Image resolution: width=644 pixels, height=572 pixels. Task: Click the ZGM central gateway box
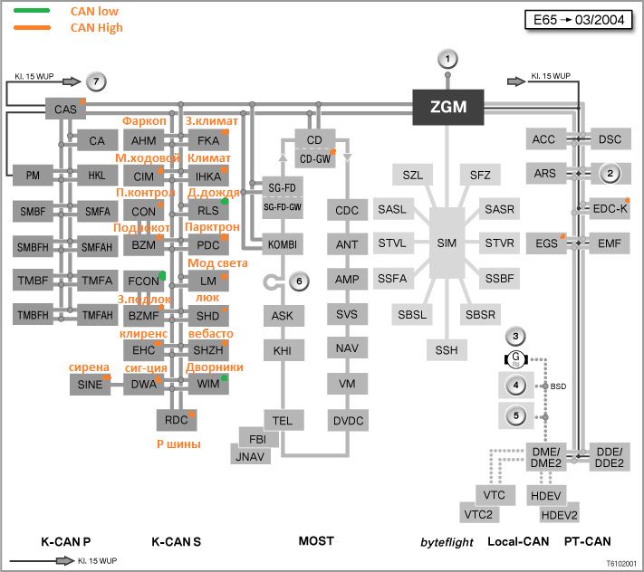pos(448,106)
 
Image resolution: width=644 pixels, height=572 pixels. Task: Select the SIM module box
pos(447,243)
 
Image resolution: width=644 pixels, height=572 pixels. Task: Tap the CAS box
pos(64,110)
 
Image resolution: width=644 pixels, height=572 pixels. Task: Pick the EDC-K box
pos(609,208)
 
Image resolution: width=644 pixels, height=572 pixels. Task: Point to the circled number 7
pos(95,82)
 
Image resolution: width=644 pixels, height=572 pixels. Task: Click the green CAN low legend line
pos(31,11)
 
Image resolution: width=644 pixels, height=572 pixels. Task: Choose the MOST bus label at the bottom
pos(316,541)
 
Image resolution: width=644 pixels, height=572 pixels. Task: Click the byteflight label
pos(447,542)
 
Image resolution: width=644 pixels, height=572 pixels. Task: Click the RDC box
pos(176,420)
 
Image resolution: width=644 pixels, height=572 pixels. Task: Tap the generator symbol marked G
pos(514,358)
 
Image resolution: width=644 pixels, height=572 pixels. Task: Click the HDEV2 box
pos(559,515)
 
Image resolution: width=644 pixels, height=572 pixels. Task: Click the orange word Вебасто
pos(211,333)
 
